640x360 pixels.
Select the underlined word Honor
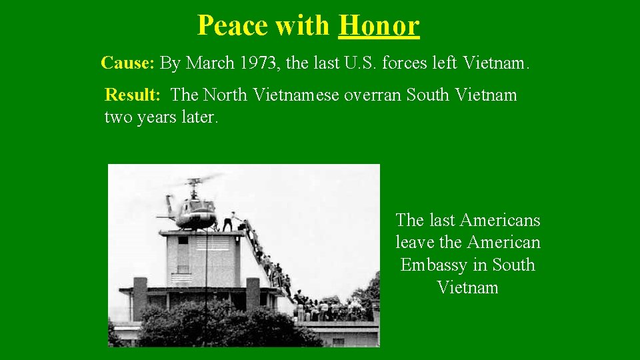point(379,25)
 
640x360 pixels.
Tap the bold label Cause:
point(128,63)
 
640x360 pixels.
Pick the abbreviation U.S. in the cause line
point(363,63)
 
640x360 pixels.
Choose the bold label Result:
point(133,95)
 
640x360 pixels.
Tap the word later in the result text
point(199,117)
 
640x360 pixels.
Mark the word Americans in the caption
point(500,220)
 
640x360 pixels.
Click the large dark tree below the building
point(220,327)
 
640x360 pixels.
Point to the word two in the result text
point(117,117)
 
